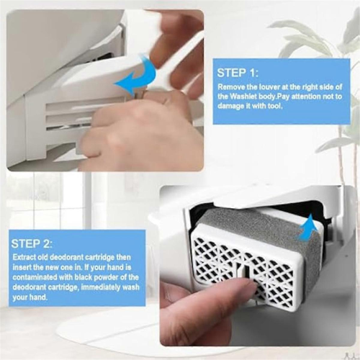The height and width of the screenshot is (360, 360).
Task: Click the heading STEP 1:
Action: [x=238, y=73]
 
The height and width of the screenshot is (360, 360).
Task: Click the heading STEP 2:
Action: [x=31, y=243]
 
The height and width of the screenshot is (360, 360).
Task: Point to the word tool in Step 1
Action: [x=275, y=106]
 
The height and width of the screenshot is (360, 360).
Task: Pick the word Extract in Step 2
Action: [x=22, y=257]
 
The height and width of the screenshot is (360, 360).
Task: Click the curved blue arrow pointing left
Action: [x=136, y=77]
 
